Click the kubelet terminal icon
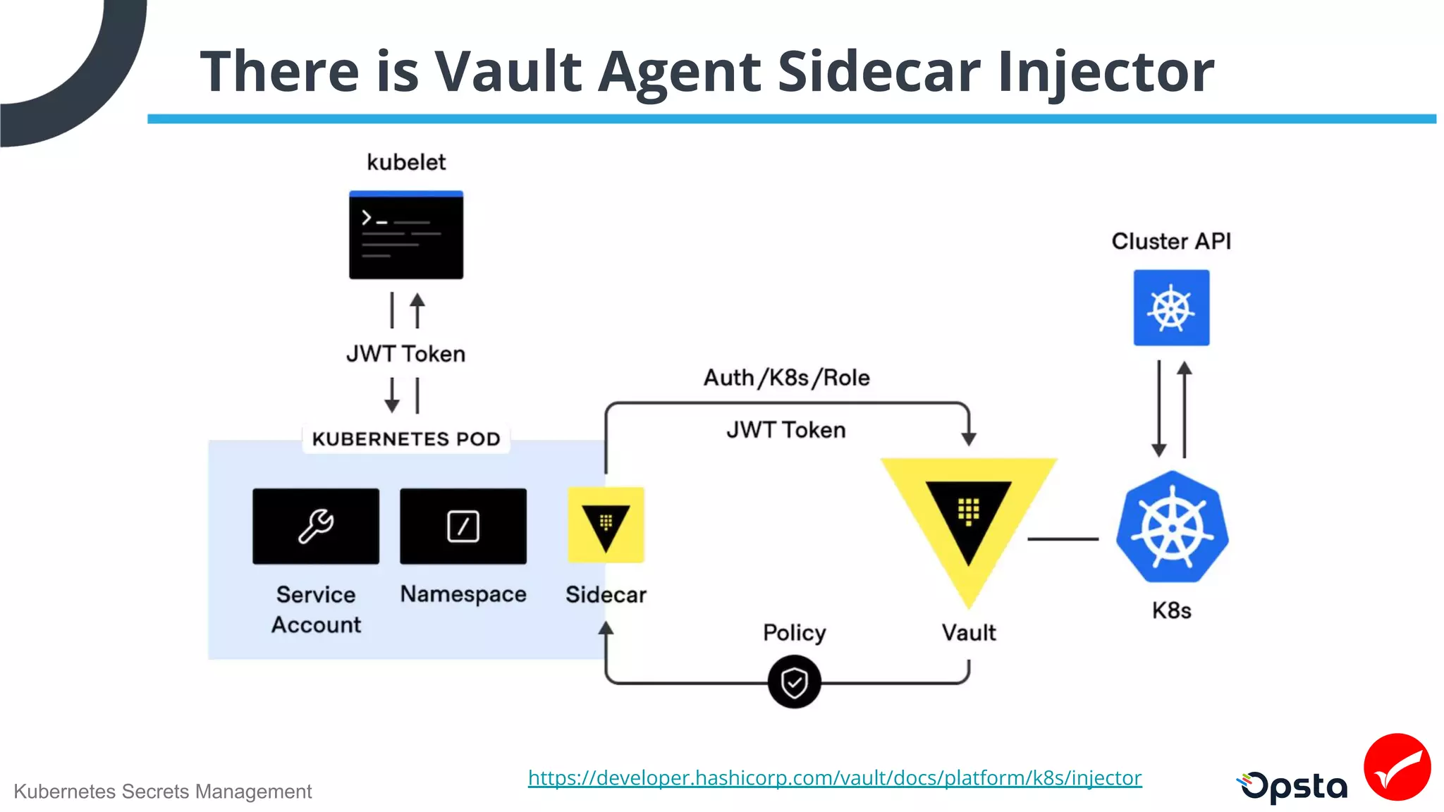pyautogui.click(x=406, y=235)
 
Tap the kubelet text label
pyautogui.click(x=406, y=162)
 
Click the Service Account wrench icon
pyautogui.click(x=316, y=526)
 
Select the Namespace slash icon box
pyautogui.click(x=463, y=526)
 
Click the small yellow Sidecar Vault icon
pyautogui.click(x=606, y=525)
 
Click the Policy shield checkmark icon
pyautogui.click(x=794, y=682)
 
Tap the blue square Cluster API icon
pyautogui.click(x=1171, y=308)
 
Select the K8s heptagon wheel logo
pyautogui.click(x=1172, y=527)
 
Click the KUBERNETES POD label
pyautogui.click(x=406, y=439)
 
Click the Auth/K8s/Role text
pyautogui.click(x=786, y=378)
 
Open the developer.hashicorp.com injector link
pyautogui.click(x=835, y=777)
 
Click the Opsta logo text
pyautogui.click(x=1295, y=787)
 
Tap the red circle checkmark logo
pyautogui.click(x=1397, y=767)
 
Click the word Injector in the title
pyautogui.click(x=1106, y=72)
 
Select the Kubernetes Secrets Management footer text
pyautogui.click(x=162, y=792)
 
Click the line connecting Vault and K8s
pyautogui.click(x=1063, y=539)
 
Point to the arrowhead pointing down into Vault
pyautogui.click(x=969, y=439)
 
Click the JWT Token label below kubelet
pyautogui.click(x=406, y=354)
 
